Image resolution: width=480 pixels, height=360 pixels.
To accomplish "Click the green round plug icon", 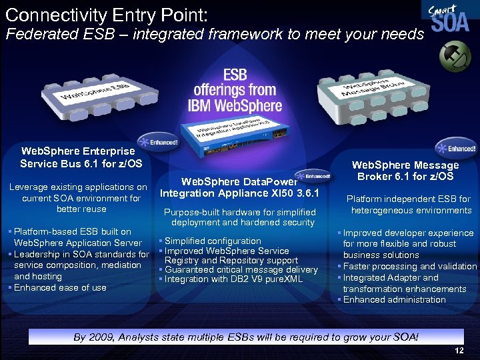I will tap(455, 55).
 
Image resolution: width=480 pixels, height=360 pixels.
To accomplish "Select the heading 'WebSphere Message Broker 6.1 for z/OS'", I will tap(405, 171).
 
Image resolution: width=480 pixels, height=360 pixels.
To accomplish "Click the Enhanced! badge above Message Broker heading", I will tap(456, 148).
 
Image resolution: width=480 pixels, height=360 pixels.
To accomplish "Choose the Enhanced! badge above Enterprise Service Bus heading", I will tap(159, 141).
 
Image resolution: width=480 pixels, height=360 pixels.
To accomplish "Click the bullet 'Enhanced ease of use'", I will tap(60, 287).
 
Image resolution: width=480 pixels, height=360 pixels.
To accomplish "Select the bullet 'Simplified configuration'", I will tap(213, 241).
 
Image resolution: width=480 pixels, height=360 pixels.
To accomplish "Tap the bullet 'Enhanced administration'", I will tap(394, 299).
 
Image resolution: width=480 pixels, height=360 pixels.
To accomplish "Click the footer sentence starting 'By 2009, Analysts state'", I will tap(246, 337).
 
